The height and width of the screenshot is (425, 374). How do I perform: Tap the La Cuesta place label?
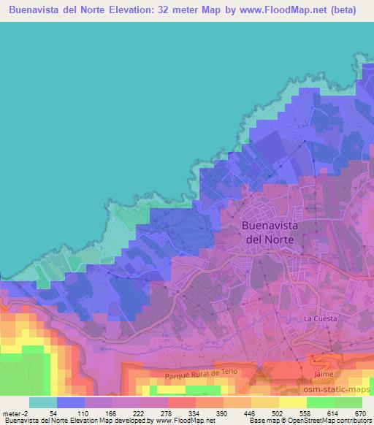point(318,319)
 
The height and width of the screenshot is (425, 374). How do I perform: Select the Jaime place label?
point(324,374)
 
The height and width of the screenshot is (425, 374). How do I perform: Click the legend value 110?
point(84,413)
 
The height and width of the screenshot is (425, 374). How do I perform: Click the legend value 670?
point(360,413)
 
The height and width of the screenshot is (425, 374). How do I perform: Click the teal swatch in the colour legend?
point(42,402)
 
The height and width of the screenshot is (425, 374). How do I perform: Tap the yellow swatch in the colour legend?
point(292,402)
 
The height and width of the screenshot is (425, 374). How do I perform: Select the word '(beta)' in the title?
point(343,10)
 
